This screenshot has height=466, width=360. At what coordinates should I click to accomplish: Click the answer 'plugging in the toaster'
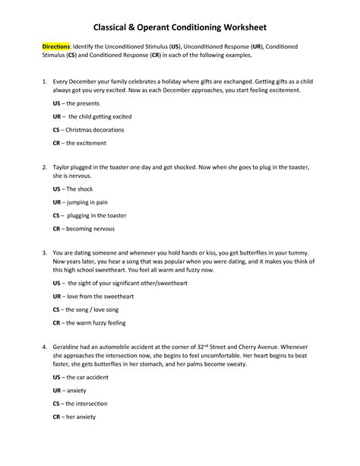pos(99,216)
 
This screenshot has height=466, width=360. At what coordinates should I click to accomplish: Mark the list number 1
pos(46,80)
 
